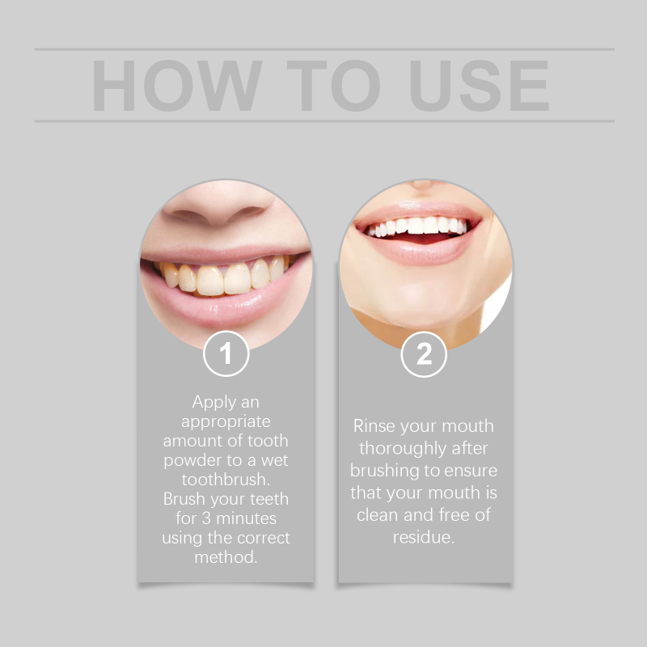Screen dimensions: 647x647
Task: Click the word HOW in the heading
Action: [177, 86]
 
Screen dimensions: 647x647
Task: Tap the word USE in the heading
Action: [479, 86]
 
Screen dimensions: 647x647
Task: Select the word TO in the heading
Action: [333, 86]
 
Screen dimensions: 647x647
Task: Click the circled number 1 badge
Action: [226, 353]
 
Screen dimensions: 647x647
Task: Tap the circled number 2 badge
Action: [424, 354]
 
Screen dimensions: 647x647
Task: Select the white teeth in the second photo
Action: [417, 226]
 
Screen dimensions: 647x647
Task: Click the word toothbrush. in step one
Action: [226, 480]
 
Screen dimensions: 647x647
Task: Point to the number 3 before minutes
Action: [206, 518]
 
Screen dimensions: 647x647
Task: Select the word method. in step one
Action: [226, 557]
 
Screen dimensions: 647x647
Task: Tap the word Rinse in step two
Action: [374, 426]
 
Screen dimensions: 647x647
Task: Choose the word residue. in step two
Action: [423, 537]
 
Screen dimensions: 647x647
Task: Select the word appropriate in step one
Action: [226, 422]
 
